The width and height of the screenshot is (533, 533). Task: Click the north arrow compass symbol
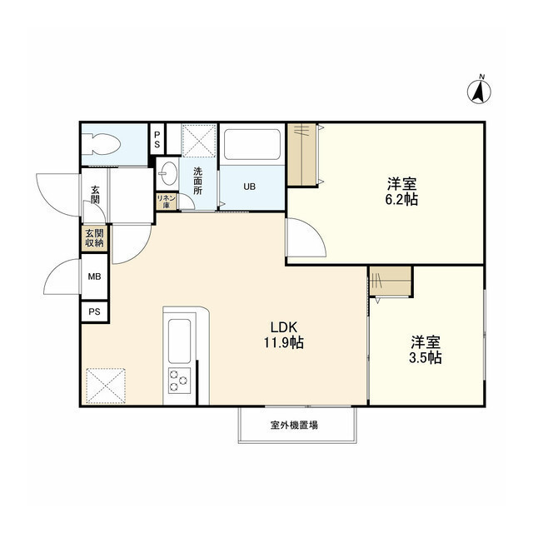pos(480,89)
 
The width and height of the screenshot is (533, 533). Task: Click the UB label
pos(250,187)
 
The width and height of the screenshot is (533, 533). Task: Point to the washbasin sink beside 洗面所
pos(169,173)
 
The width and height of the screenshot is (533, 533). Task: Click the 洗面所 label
pos(198,181)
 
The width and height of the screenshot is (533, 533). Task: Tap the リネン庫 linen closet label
pos(165,201)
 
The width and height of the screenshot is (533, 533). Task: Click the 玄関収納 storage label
pos(94,238)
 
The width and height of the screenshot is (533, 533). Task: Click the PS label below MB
pos(94,311)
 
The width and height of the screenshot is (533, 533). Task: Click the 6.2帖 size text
pos(401,200)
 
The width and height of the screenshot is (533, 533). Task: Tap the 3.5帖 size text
pos(425,358)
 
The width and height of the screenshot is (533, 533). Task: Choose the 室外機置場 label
pos(293,426)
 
